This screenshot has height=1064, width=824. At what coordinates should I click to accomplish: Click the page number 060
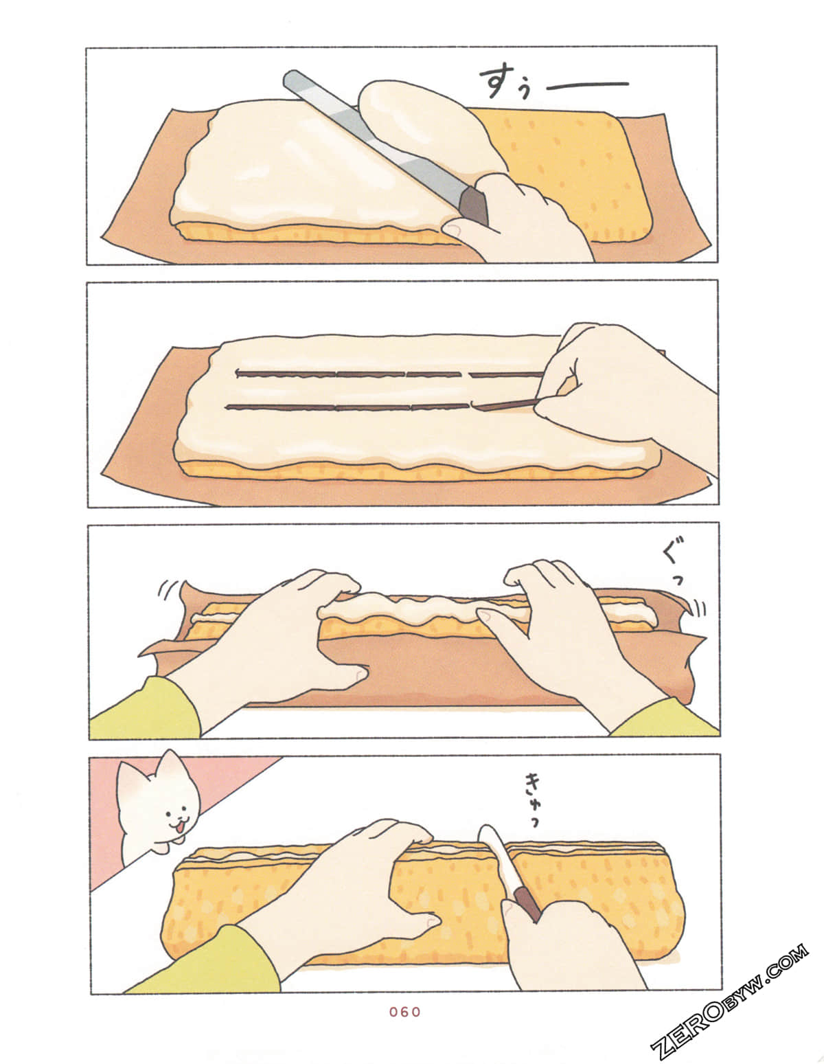[x=404, y=1012]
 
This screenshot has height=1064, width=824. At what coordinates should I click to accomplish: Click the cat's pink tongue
[x=176, y=830]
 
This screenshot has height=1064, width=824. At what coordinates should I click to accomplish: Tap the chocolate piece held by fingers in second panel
[x=505, y=405]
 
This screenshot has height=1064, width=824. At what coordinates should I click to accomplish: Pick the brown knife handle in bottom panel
[x=527, y=903]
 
